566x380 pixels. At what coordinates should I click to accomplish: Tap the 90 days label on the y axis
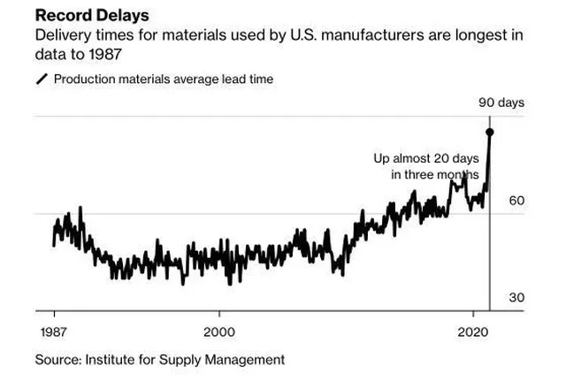click(501, 103)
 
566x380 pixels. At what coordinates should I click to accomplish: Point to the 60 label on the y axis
click(516, 201)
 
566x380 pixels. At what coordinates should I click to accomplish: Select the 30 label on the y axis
click(516, 297)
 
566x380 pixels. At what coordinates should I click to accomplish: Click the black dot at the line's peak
click(490, 132)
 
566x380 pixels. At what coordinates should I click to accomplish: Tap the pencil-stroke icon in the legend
click(42, 79)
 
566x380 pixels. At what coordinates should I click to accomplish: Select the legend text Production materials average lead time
click(164, 79)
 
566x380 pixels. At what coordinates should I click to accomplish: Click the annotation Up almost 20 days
click(425, 157)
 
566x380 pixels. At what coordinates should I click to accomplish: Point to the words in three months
click(435, 174)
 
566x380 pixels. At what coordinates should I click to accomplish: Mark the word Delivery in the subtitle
click(60, 36)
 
